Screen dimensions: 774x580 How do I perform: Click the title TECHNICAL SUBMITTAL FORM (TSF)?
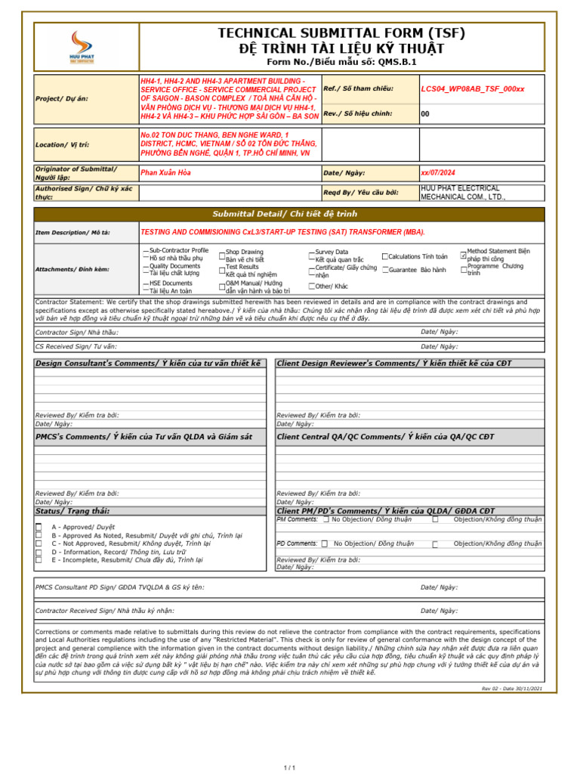[341, 33]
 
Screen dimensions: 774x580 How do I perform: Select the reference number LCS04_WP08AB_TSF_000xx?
[472, 89]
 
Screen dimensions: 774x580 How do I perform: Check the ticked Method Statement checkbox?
[464, 255]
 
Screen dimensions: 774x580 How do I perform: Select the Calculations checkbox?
[385, 257]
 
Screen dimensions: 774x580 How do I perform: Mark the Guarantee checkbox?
[385, 270]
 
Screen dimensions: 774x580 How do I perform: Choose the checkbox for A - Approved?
[39, 527]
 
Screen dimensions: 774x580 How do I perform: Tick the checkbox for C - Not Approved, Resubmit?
[39, 543]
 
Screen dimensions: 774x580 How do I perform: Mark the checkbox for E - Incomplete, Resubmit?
[39, 560]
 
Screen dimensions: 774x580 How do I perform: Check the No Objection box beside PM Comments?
[325, 520]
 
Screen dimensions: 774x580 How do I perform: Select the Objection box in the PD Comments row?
[435, 544]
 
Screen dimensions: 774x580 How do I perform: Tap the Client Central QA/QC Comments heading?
[386, 437]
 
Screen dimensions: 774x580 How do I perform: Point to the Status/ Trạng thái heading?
[72, 511]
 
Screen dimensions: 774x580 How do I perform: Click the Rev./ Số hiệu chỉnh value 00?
[425, 114]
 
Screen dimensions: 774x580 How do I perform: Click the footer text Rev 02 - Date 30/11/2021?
[511, 689]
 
